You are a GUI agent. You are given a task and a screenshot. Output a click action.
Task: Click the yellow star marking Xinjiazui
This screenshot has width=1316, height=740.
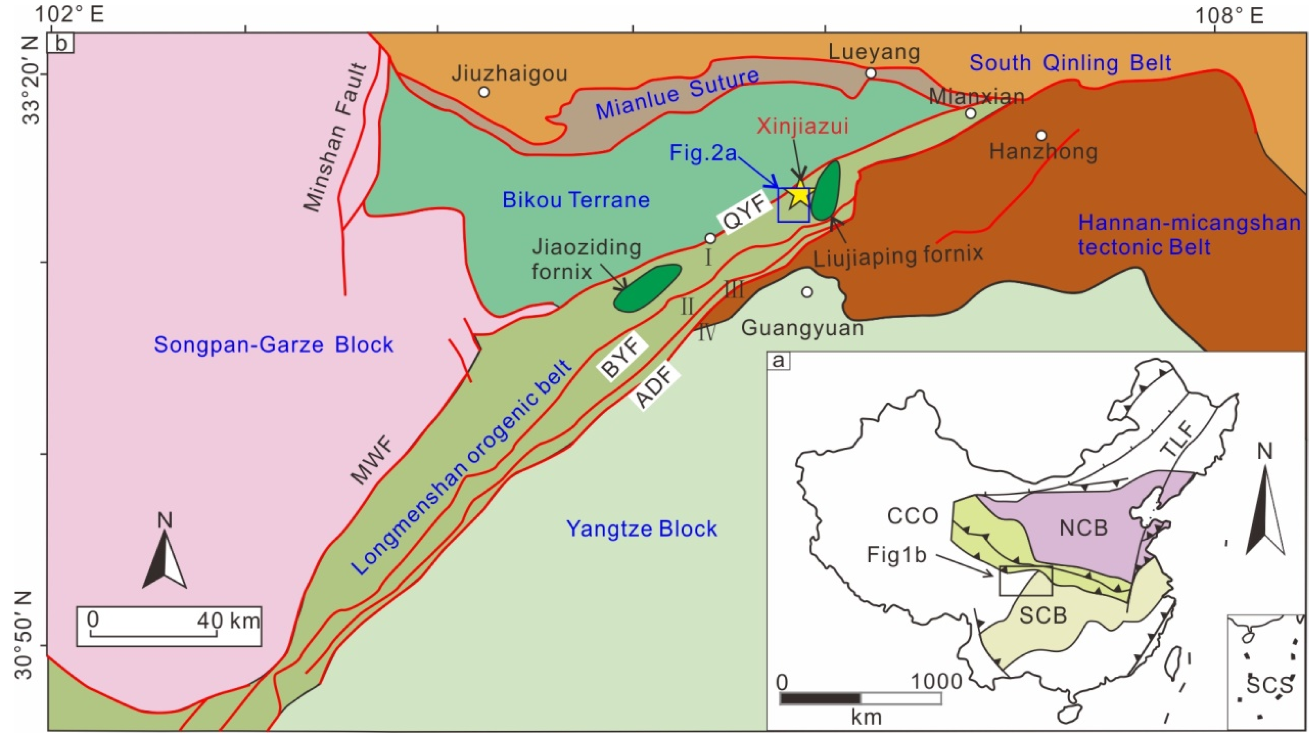click(798, 195)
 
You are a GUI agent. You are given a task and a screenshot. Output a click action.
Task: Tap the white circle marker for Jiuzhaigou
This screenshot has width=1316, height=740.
click(484, 92)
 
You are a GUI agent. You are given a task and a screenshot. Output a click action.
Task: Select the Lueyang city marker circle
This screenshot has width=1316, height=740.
click(870, 73)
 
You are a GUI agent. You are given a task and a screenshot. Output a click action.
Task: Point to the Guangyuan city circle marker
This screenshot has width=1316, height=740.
click(807, 292)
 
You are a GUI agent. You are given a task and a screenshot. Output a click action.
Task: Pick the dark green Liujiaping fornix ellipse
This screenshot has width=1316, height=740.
click(826, 190)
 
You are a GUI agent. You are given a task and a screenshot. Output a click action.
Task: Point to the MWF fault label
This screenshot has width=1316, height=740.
click(373, 462)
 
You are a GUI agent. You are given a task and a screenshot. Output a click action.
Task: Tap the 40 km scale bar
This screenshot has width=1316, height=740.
click(169, 626)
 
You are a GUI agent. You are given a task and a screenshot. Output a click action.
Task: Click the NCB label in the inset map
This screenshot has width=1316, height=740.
click(1083, 527)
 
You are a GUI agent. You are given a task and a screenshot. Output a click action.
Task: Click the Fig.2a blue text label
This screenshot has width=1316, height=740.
click(703, 153)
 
